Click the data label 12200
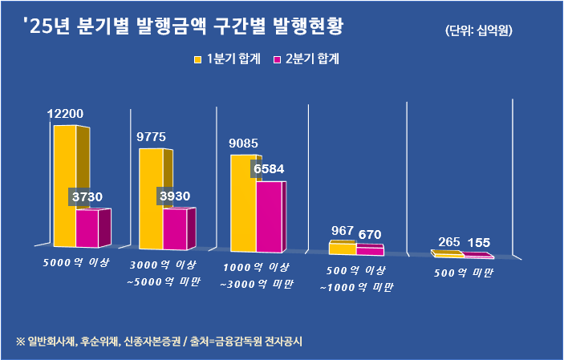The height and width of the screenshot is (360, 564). click(65, 114)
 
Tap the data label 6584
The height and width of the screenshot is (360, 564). click(268, 169)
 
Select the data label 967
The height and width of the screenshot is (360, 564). click(343, 231)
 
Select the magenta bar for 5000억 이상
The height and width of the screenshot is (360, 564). click(87, 228)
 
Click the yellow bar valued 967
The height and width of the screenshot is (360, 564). click(342, 249)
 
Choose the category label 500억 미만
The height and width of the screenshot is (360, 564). click(463, 273)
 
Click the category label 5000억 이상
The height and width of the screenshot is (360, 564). click(76, 262)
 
